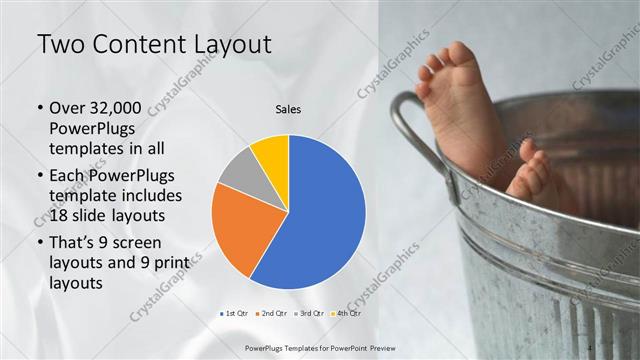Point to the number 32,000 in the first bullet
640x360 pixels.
(117, 108)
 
